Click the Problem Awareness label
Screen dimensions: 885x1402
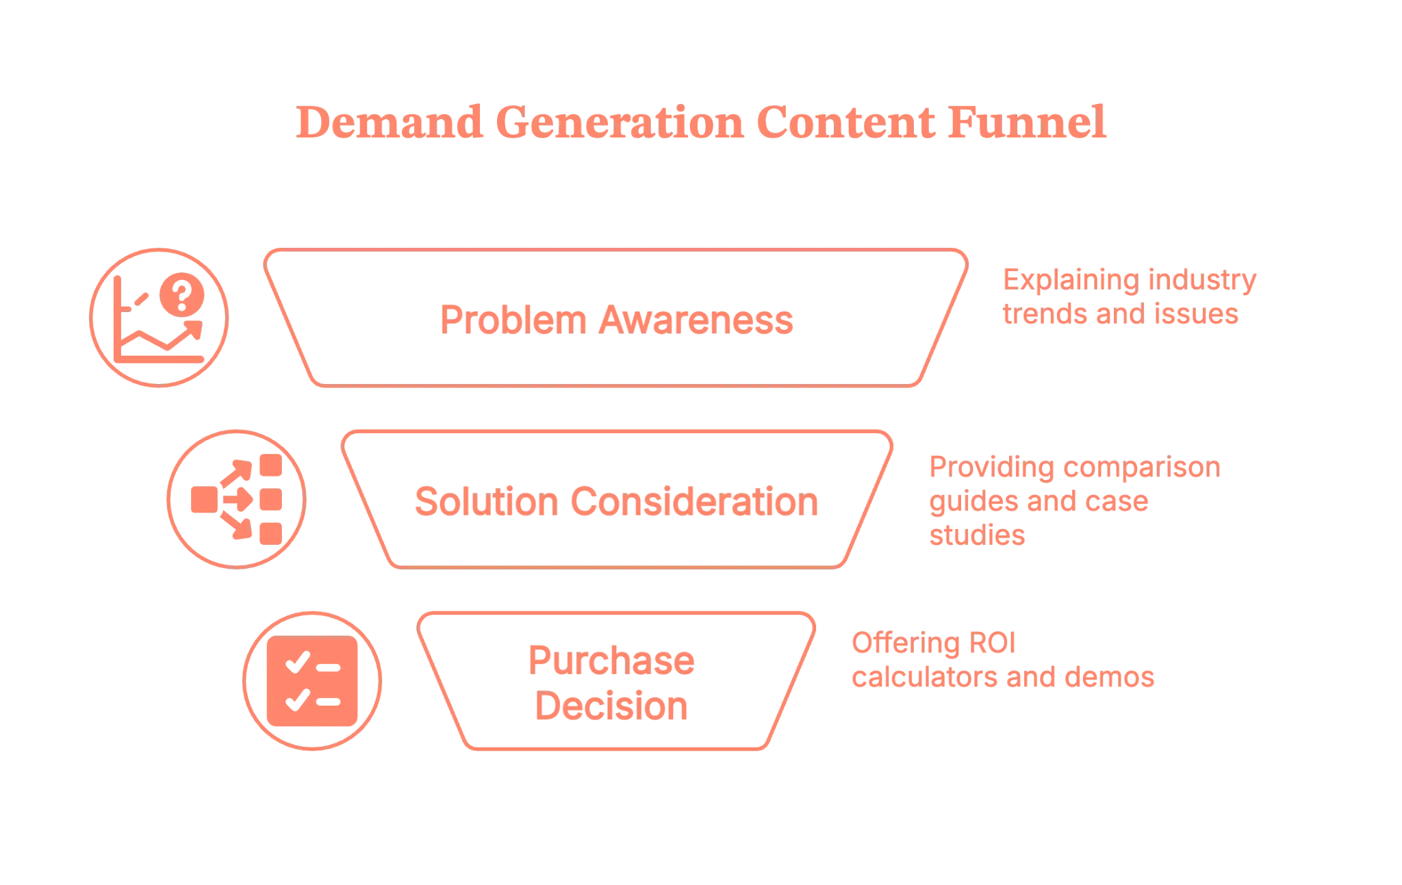coord(616,319)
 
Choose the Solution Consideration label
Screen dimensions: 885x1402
coord(616,502)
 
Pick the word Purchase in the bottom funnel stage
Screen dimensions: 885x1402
coord(611,660)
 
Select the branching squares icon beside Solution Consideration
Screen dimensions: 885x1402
coord(237,500)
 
